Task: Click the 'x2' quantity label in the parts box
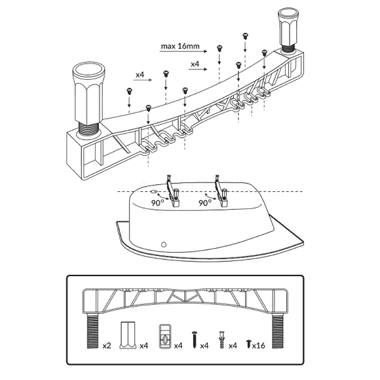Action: point(106,345)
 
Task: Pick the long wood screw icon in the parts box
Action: point(194,339)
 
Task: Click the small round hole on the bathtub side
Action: point(164,244)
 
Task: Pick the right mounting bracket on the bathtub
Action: point(221,192)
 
